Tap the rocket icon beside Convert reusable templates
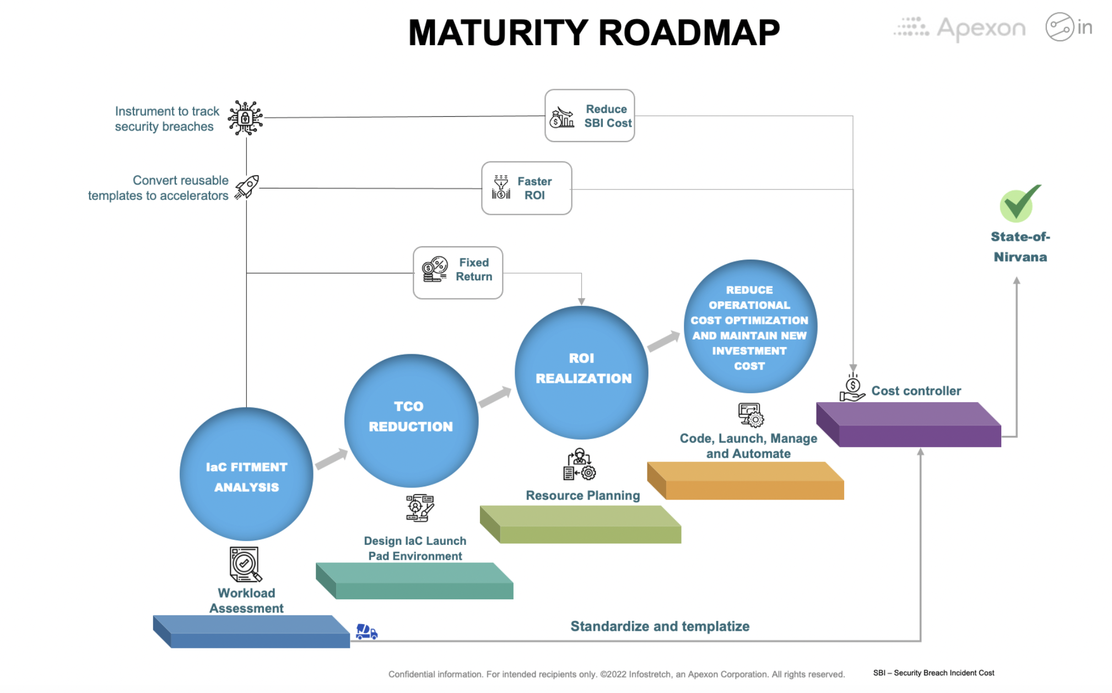point(247,187)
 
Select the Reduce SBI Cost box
point(589,116)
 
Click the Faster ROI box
point(526,188)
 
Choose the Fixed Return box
point(457,273)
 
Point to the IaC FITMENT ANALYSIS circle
point(246,474)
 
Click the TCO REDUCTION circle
point(411,420)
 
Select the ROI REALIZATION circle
point(581,372)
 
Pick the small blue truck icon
point(366,631)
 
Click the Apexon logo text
point(980,28)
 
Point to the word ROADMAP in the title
point(688,33)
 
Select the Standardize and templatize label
point(660,626)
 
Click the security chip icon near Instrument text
point(245,117)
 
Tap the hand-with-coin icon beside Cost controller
point(852,388)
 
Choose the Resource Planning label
point(582,495)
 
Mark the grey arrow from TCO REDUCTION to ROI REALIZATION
point(495,396)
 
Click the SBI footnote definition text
point(933,673)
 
